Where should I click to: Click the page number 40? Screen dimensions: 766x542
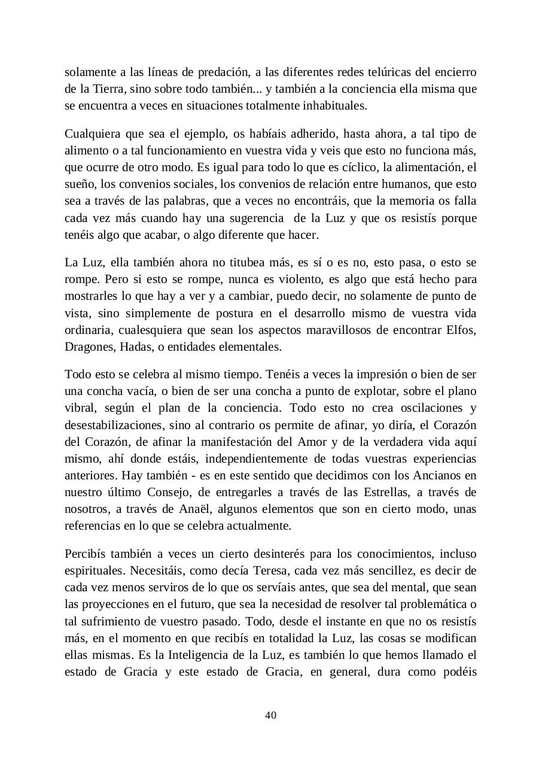click(270, 715)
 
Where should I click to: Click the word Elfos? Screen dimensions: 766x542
click(462, 330)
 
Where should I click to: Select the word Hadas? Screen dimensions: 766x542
click(135, 346)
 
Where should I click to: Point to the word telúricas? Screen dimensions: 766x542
click(382, 72)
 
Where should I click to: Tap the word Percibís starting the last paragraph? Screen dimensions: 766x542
click(84, 554)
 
